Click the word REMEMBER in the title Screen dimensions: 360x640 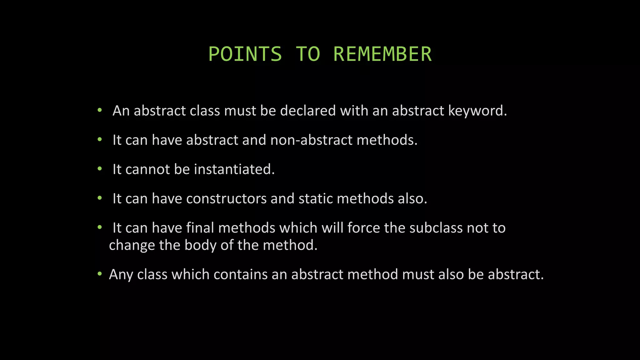coord(382,54)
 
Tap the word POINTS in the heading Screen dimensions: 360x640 coord(245,54)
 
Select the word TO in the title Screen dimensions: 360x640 coord(308,54)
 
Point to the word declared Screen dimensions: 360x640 coord(308,111)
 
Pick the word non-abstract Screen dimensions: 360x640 coord(311,140)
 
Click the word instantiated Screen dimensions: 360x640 coord(234,169)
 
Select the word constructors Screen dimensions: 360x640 coord(226,199)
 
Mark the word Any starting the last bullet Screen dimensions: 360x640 coord(121,274)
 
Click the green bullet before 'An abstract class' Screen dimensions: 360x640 coord(100,110)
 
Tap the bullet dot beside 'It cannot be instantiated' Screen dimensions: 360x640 coord(100,169)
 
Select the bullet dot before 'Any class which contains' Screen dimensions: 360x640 coord(100,274)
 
